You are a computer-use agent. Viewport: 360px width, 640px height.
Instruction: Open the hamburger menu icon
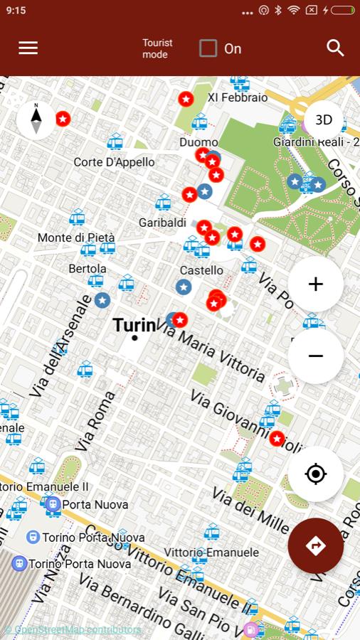pyautogui.click(x=28, y=48)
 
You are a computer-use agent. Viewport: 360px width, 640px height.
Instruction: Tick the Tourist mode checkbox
pyautogui.click(x=208, y=48)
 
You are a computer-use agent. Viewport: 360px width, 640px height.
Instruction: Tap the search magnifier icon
pyautogui.click(x=335, y=48)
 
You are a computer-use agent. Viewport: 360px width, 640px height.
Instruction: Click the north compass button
pyautogui.click(x=36, y=119)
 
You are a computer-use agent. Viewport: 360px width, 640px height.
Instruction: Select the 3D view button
pyautogui.click(x=324, y=120)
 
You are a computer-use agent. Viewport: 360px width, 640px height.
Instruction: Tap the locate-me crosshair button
pyautogui.click(x=316, y=474)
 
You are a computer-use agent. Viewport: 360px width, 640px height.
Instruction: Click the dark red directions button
pyautogui.click(x=316, y=545)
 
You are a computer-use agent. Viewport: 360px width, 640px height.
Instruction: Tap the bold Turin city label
pyautogui.click(x=134, y=326)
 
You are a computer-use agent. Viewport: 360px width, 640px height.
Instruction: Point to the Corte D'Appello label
pyautogui.click(x=114, y=162)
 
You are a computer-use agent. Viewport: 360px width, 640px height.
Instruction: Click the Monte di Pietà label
pyautogui.click(x=76, y=237)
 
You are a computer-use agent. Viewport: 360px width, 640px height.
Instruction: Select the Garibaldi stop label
pyautogui.click(x=162, y=223)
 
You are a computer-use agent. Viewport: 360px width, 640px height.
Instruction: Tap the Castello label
pyautogui.click(x=201, y=270)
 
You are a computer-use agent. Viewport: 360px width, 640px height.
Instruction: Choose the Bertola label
pyautogui.click(x=88, y=269)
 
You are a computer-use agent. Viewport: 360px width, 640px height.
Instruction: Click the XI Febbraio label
pyautogui.click(x=238, y=97)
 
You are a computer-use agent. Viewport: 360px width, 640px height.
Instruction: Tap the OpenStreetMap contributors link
pyautogui.click(x=73, y=629)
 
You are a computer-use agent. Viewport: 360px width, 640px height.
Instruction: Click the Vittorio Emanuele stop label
pyautogui.click(x=211, y=552)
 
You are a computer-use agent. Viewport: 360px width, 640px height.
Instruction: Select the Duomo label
pyautogui.click(x=198, y=142)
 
